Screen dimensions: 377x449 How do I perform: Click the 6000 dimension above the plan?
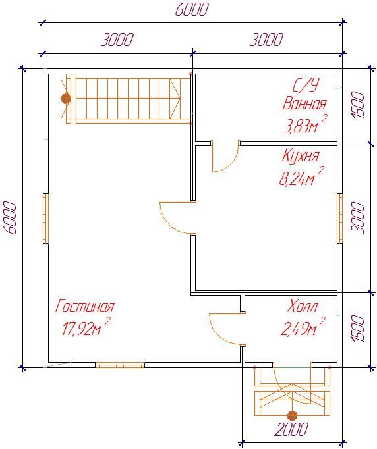pos(190,10)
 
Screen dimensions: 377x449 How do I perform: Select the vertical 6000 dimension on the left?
pos(10,218)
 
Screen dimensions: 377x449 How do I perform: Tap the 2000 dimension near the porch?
pos(291,429)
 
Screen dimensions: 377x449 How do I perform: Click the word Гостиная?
pos(84,306)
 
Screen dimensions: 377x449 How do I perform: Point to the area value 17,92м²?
pos(86,327)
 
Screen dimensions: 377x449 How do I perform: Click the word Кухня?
pos(301,156)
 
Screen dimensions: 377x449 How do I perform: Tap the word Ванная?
pos(304,103)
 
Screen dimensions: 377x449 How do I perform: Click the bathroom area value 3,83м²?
pos(304,124)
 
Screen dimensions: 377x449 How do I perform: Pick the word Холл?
pos(303,306)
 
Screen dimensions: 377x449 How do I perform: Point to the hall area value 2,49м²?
pos(303,327)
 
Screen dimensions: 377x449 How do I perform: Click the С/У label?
pos(305,86)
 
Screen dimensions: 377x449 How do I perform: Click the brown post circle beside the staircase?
pos(66,99)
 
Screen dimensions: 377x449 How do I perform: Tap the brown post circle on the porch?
pos(292,415)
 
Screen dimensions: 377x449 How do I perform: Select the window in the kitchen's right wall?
pos(339,218)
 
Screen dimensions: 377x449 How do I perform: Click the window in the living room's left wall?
pos(46,218)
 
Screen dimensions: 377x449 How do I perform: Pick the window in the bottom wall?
pos(120,365)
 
